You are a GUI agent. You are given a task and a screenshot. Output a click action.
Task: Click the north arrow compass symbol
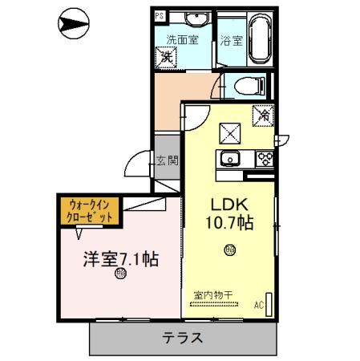[x=72, y=25]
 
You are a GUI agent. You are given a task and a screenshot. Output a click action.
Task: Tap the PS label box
[x=158, y=15]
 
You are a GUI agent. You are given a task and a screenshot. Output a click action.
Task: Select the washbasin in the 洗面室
[x=195, y=18]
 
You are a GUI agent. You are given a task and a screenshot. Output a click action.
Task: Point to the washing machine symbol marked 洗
[x=166, y=56]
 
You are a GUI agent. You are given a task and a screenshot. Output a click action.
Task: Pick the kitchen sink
[x=231, y=157]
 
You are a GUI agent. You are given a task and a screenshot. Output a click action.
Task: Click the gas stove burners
[x=264, y=157]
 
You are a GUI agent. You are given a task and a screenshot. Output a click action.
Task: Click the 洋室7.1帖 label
[x=121, y=259]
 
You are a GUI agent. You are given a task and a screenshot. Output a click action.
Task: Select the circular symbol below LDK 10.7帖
[x=230, y=249]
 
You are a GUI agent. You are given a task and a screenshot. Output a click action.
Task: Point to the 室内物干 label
[x=212, y=294]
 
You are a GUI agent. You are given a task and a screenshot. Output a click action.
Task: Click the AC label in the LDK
[x=259, y=304]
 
